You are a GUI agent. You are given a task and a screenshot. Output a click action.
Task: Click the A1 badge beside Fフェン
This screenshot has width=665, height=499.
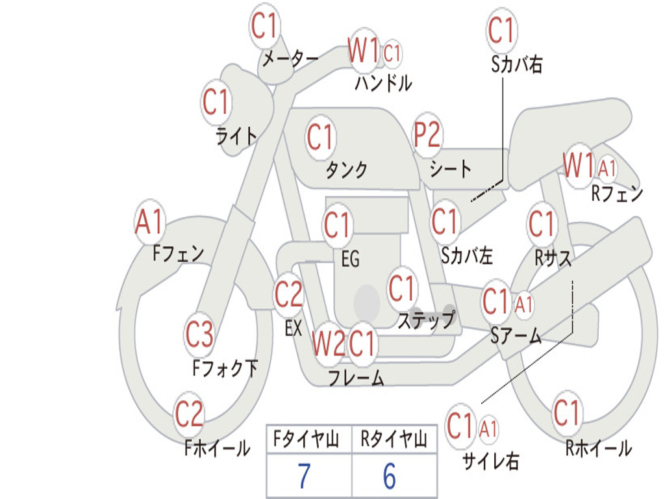click(150, 223)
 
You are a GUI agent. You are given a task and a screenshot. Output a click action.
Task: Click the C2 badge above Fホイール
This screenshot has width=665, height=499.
click(190, 414)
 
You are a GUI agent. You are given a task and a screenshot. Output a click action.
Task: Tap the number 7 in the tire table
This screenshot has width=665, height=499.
click(304, 477)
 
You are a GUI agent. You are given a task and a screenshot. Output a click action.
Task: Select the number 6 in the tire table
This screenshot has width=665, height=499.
click(389, 477)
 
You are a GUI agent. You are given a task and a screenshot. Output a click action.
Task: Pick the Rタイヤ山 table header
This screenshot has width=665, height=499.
click(394, 441)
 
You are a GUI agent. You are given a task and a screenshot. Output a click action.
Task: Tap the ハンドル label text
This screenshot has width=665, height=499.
click(383, 83)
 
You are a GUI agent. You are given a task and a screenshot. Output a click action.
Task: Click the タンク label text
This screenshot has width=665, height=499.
click(346, 170)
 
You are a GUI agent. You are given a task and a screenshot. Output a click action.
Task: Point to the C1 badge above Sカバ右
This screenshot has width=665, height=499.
click(501, 31)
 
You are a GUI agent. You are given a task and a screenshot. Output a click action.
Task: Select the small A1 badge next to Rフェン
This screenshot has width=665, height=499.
click(608, 169)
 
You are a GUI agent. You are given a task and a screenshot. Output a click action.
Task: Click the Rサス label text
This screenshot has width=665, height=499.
click(553, 259)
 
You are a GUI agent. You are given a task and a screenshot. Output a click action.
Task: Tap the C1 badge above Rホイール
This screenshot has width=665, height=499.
click(567, 413)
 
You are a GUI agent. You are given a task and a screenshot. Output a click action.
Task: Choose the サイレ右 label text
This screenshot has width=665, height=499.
click(491, 461)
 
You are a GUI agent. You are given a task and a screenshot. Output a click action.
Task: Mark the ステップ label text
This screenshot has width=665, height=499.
click(426, 320)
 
